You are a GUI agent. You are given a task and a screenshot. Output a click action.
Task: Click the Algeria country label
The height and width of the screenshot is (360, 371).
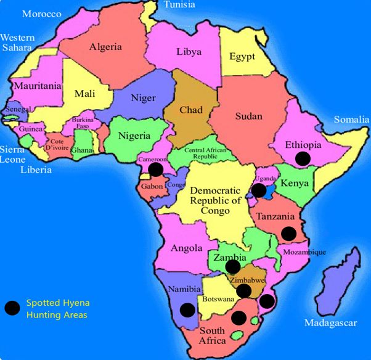pos(105,47)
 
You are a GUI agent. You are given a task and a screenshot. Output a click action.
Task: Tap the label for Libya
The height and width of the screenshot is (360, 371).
pos(189,52)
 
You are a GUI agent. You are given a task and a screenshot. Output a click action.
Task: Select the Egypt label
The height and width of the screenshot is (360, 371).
pos(242,57)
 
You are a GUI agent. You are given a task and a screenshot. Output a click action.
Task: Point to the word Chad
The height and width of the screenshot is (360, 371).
pos(190,110)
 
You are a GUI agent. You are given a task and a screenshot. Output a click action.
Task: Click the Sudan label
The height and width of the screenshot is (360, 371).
pos(249,116)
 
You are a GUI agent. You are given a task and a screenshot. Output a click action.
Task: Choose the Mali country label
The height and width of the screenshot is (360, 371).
pos(85,94)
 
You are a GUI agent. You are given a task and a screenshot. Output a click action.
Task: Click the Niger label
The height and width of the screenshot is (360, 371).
pos(143,97)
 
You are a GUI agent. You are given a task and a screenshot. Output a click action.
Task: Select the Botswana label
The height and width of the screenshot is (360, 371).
pos(216,299)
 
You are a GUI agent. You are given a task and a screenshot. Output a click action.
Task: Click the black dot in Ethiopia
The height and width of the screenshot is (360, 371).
pos(302,158)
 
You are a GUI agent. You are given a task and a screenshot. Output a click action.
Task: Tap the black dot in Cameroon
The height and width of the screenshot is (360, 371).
pos(156,168)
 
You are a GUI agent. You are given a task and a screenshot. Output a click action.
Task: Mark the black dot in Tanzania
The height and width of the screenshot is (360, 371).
pos(288,233)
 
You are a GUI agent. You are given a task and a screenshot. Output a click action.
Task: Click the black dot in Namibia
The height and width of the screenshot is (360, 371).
pos(185,310)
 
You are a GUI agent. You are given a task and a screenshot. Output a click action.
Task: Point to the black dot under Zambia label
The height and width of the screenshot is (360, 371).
pos(232,266)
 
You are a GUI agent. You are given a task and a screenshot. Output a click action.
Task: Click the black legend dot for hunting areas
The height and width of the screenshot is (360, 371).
pos(12,309)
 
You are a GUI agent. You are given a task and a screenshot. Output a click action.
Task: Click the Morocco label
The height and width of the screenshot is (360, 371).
pos(41,14)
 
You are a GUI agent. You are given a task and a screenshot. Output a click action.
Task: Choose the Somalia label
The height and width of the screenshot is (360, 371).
pos(351,120)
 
